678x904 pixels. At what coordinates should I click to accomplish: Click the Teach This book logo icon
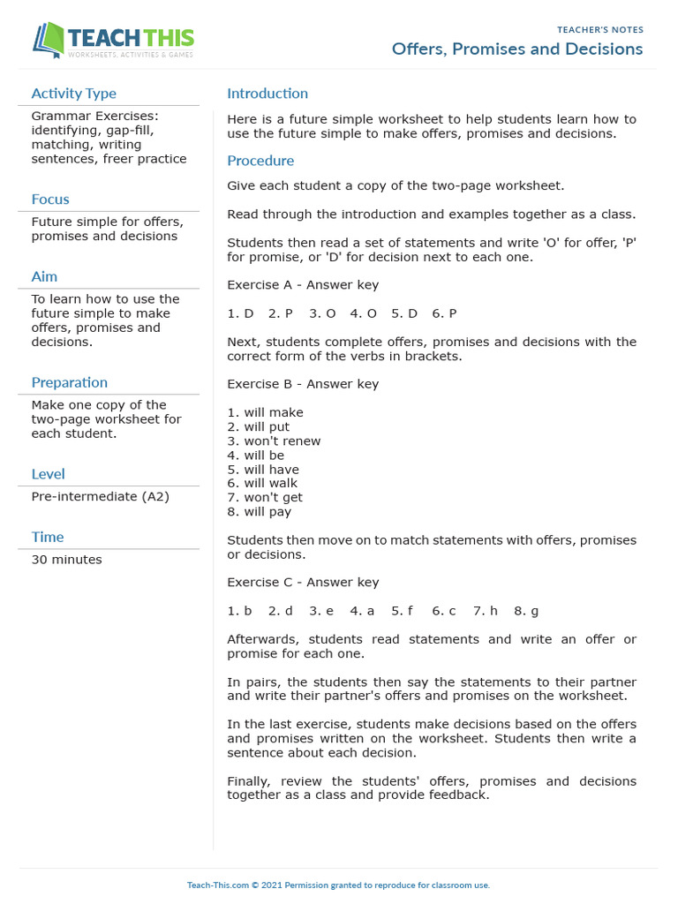[49, 41]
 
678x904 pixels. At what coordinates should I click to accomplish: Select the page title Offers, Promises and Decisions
[517, 49]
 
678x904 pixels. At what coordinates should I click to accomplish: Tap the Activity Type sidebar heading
[73, 94]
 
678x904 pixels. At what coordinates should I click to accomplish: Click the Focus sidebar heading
[50, 200]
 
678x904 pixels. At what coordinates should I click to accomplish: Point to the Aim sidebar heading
[44, 277]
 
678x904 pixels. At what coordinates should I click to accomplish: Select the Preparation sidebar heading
[69, 382]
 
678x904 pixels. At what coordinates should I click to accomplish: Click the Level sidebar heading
[48, 474]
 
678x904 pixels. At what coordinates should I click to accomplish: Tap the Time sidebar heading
[48, 537]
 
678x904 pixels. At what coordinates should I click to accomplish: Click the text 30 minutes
[66, 560]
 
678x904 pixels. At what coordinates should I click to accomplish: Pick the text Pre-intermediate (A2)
[100, 497]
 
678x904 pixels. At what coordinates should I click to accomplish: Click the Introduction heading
[267, 94]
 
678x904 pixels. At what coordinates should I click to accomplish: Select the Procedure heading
[260, 161]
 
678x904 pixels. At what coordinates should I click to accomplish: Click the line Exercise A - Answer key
[303, 285]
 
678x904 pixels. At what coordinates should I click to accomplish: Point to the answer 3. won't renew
[274, 441]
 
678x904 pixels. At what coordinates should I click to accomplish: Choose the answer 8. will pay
[259, 512]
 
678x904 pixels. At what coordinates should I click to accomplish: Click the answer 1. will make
[265, 412]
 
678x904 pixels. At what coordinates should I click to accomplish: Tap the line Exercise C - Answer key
[303, 583]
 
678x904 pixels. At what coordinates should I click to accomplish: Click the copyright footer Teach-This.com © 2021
[338, 885]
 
